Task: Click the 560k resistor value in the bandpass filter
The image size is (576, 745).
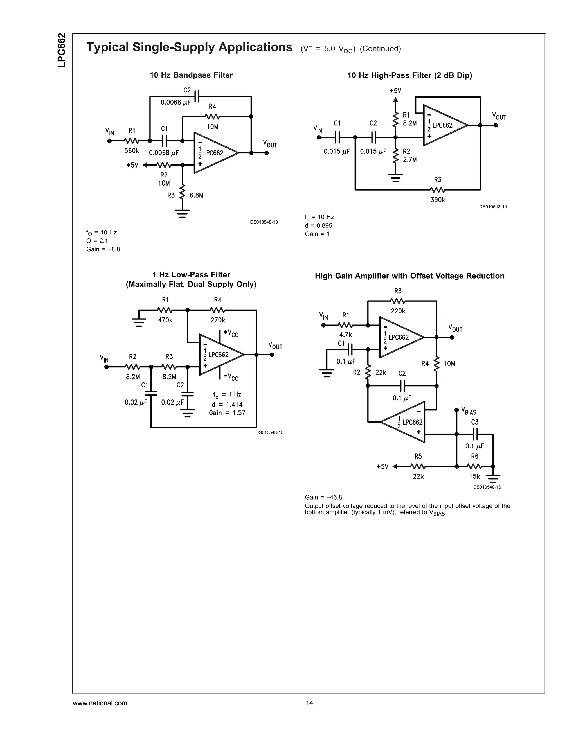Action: coord(132,151)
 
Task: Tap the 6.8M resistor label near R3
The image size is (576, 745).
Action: coord(197,195)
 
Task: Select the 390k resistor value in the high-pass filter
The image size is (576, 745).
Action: coord(438,200)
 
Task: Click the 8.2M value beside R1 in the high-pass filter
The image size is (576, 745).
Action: coord(410,123)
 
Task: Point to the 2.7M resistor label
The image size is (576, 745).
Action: coord(410,159)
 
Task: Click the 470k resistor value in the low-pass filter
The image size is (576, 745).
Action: coord(165,320)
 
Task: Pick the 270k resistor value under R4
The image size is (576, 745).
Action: coord(218,320)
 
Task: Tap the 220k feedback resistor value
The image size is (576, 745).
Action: coord(398,311)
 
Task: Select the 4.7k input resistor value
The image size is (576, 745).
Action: coord(346,335)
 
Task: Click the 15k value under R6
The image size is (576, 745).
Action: coord(475,477)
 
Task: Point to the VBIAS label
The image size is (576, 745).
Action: coord(469,412)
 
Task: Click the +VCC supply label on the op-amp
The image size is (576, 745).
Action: coord(231,333)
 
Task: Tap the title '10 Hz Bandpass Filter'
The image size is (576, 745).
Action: coord(191,75)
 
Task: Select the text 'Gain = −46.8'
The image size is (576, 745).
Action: coord(323,497)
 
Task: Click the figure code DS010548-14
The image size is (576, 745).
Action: coord(493,207)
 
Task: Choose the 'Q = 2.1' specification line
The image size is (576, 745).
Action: coord(97,241)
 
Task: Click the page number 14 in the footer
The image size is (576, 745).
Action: coord(309,703)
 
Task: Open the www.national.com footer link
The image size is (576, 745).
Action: coord(100,703)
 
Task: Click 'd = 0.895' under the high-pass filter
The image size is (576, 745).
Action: coord(318,225)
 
